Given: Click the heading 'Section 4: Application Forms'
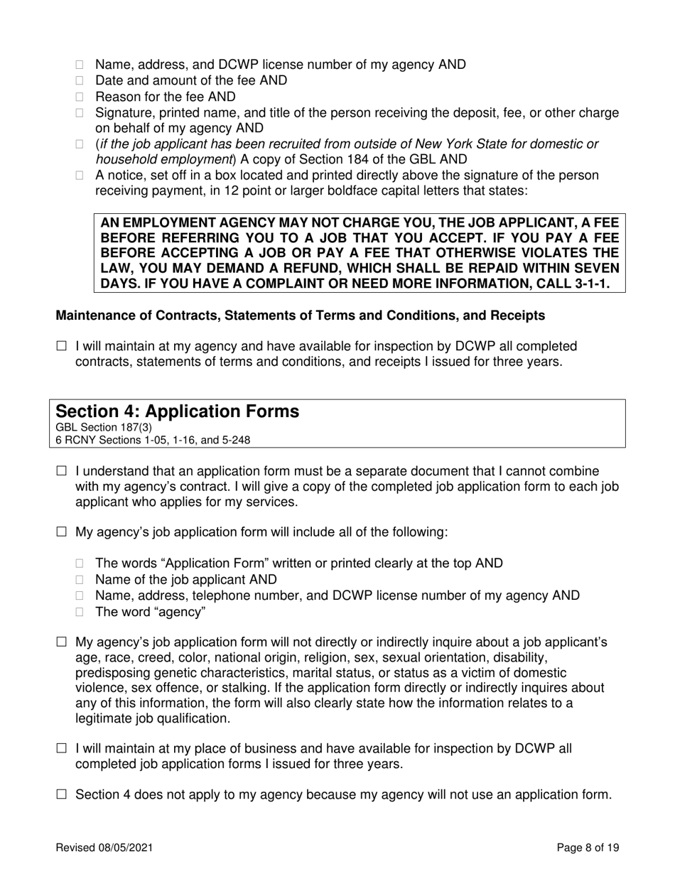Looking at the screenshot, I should coord(177,411).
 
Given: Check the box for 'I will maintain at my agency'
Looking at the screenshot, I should coord(61,346).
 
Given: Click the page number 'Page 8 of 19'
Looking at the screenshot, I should coord(588,848).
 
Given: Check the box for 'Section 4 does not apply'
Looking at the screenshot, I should coord(61,794).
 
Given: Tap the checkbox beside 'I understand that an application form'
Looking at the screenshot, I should coord(61,471).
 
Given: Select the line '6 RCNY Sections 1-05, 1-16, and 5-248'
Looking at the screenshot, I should coord(152,440).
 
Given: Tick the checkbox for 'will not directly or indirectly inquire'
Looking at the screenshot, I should coord(61,643).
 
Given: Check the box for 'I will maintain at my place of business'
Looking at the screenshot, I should coord(61,748).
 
